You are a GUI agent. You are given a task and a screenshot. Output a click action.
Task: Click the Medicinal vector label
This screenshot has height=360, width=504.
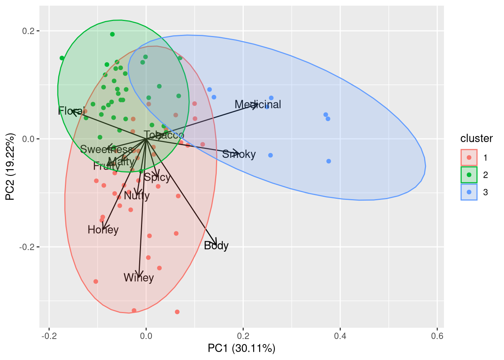[x=258, y=105]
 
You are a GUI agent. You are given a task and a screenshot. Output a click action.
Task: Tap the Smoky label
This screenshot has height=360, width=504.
[x=239, y=154]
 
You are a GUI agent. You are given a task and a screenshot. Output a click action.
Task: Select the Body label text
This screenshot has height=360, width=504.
[x=216, y=246]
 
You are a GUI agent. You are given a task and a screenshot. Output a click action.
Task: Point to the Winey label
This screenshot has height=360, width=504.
[x=139, y=278]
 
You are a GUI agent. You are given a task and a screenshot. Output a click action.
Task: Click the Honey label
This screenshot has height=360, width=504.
[x=103, y=230]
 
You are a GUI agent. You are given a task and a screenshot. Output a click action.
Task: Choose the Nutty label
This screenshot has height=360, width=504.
[x=136, y=196]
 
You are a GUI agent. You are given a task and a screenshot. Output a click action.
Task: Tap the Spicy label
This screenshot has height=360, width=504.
[x=157, y=177]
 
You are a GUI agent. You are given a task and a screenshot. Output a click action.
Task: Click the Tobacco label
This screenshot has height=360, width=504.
[x=164, y=135]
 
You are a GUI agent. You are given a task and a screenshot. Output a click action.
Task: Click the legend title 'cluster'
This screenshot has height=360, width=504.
[x=476, y=139]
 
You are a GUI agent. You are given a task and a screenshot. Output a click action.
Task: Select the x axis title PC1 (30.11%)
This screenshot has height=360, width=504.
[x=241, y=348]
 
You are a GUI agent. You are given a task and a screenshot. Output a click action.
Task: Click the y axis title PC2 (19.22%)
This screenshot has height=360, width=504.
[x=10, y=167]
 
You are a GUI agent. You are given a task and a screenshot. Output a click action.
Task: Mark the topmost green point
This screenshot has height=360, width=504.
[x=112, y=34]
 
